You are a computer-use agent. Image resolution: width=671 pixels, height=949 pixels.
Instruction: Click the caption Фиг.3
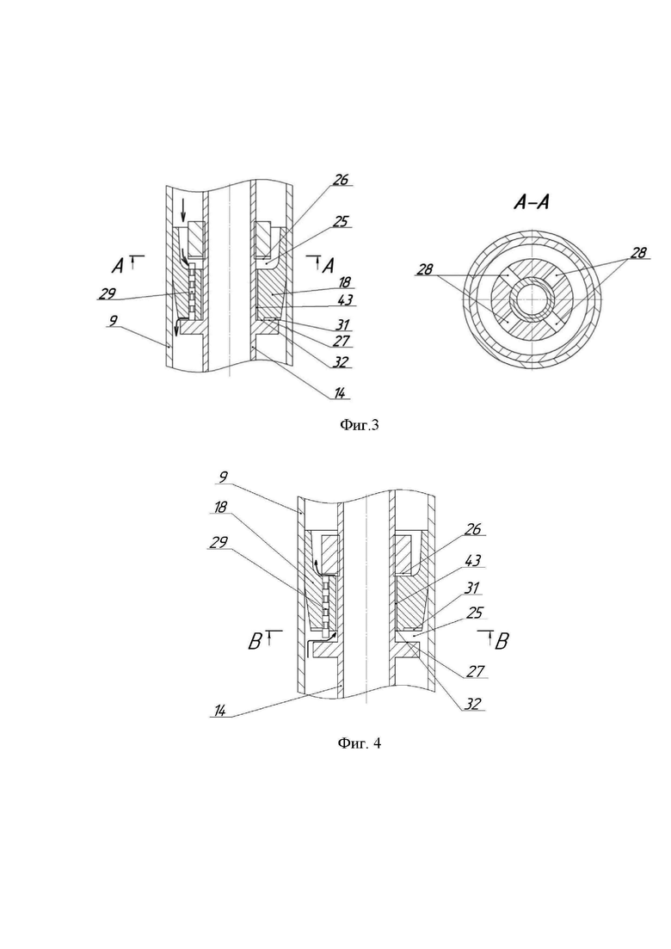(358, 426)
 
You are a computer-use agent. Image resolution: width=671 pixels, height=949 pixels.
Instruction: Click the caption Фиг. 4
(359, 743)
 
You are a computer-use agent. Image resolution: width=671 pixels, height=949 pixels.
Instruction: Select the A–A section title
(532, 202)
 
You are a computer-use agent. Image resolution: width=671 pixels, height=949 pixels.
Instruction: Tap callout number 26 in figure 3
(342, 180)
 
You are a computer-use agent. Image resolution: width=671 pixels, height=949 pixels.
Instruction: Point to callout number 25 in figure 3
(342, 221)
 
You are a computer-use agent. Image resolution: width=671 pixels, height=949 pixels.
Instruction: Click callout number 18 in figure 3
(346, 282)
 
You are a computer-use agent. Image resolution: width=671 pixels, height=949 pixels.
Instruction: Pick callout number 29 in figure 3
(107, 293)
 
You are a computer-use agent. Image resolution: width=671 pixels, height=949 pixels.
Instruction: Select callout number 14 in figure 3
(340, 394)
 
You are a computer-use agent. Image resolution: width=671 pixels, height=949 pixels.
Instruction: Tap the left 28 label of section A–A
(425, 269)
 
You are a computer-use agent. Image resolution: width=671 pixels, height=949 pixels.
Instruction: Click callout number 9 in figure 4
(223, 478)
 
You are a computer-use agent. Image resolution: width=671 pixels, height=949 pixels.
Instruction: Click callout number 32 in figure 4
(472, 704)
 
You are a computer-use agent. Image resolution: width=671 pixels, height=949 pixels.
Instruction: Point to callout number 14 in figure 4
(220, 712)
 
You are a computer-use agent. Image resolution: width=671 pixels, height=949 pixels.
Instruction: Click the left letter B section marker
(255, 642)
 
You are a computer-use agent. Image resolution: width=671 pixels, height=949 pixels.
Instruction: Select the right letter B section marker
(502, 642)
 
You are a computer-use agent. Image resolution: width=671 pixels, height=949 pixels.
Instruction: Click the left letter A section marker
(118, 265)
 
